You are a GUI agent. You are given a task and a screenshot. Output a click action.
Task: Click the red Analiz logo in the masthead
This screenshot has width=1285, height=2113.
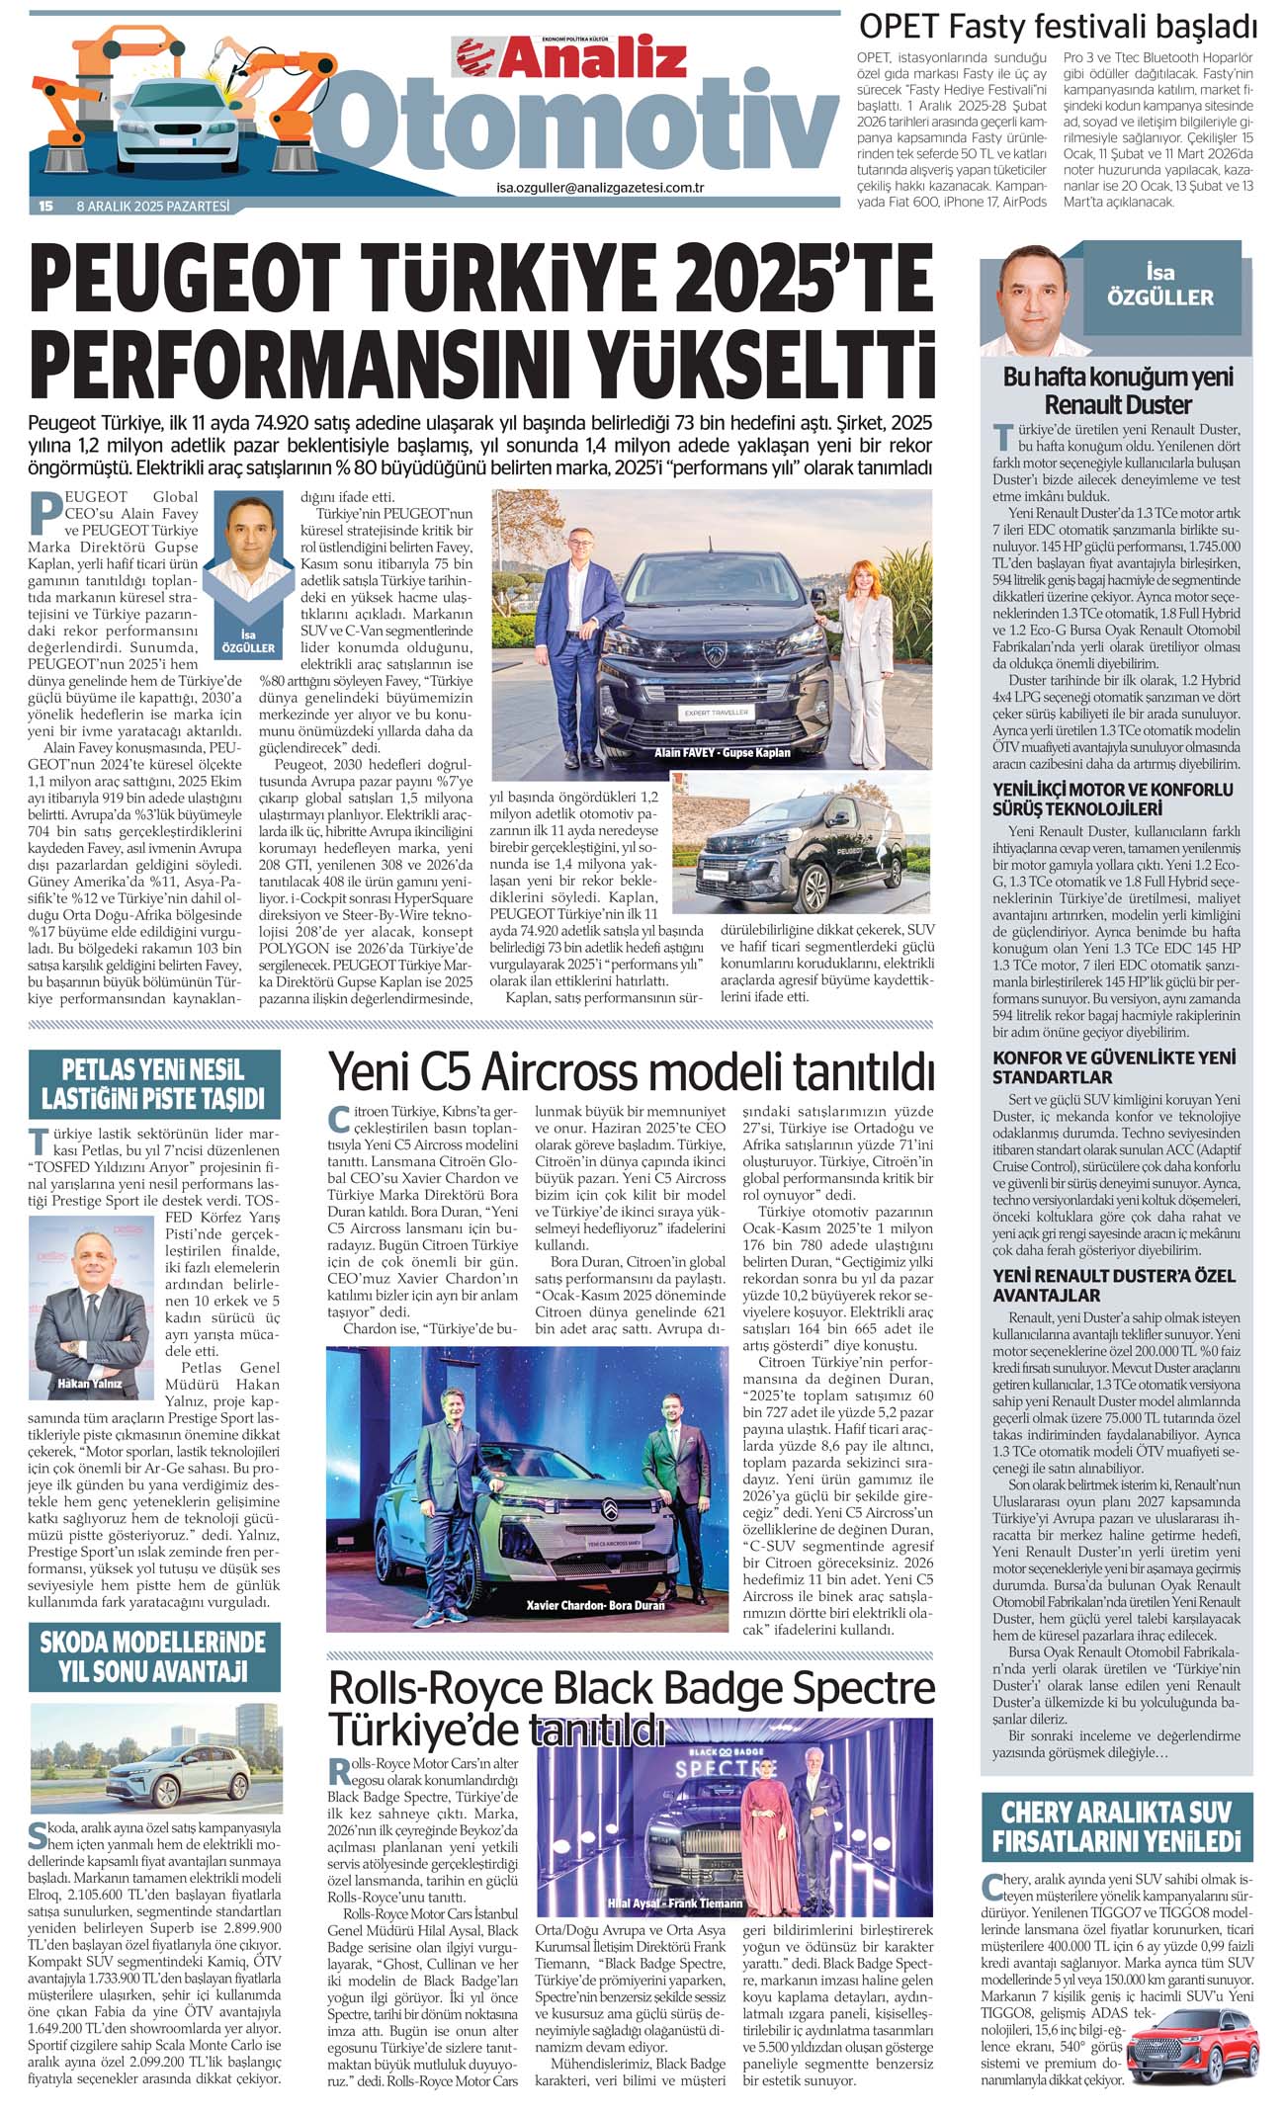pos(571,57)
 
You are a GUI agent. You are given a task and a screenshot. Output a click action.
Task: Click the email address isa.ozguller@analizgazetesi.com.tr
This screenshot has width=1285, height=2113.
pos(599,187)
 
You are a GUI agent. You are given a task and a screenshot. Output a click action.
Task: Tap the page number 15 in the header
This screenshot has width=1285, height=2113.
pos(45,207)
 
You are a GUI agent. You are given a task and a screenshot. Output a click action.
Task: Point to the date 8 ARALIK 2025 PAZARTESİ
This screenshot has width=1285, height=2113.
pos(153,207)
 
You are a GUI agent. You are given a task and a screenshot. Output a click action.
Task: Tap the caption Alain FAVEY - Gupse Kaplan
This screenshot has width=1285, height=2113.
pos(722,752)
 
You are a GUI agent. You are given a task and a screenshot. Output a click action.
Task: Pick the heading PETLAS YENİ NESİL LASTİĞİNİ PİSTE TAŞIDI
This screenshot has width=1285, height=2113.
pos(153,1084)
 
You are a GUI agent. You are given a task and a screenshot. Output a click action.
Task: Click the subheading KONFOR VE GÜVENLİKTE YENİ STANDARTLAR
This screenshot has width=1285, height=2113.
pos(1114,1067)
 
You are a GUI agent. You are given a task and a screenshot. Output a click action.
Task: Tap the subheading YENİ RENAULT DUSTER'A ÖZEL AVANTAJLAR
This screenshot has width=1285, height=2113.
pos(1114,1285)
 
